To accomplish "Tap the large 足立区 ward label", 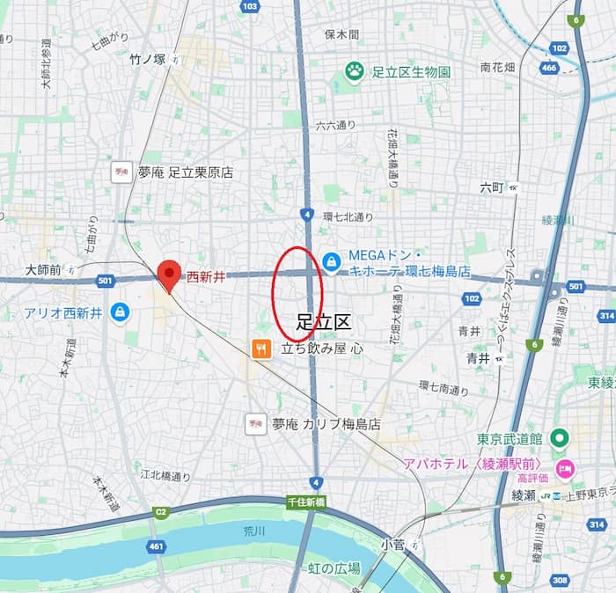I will pyautogui.click(x=323, y=322).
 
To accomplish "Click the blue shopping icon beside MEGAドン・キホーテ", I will pyautogui.click(x=331, y=261).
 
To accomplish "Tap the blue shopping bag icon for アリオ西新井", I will pyautogui.click(x=120, y=311).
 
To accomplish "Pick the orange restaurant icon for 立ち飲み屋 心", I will pyautogui.click(x=261, y=349).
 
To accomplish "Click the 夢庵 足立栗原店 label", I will pyautogui.click(x=185, y=172).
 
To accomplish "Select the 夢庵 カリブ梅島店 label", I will pyautogui.click(x=326, y=424).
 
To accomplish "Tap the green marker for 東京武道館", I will pyautogui.click(x=558, y=438).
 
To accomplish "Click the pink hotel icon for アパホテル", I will pyautogui.click(x=564, y=465).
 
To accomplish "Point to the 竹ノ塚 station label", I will pyautogui.click(x=147, y=60).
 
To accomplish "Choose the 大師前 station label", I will pyautogui.click(x=44, y=270).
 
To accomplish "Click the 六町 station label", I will pyautogui.click(x=492, y=187).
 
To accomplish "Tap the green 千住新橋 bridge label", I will pyautogui.click(x=306, y=501).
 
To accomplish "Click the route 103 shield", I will pyautogui.click(x=250, y=7).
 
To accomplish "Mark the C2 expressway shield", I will pyautogui.click(x=160, y=511).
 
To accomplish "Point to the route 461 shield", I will pyautogui.click(x=155, y=546).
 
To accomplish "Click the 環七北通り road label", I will pyautogui.click(x=348, y=216).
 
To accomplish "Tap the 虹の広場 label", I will pyautogui.click(x=334, y=568).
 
